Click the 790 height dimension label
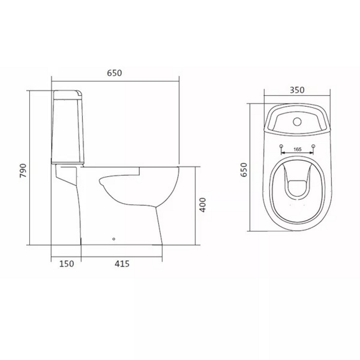23,171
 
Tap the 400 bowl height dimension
203,205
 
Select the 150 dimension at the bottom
67,264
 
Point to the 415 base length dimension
122,264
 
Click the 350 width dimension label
297,90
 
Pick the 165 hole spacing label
297,149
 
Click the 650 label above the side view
114,73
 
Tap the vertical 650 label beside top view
244,170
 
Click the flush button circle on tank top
297,122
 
